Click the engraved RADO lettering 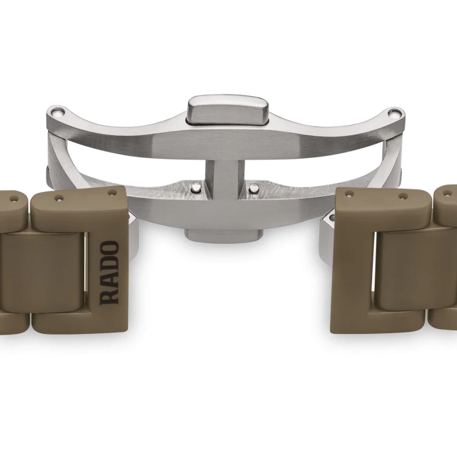point(109,273)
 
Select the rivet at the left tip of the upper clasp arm point(57,112)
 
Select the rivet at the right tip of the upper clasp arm point(394,113)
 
